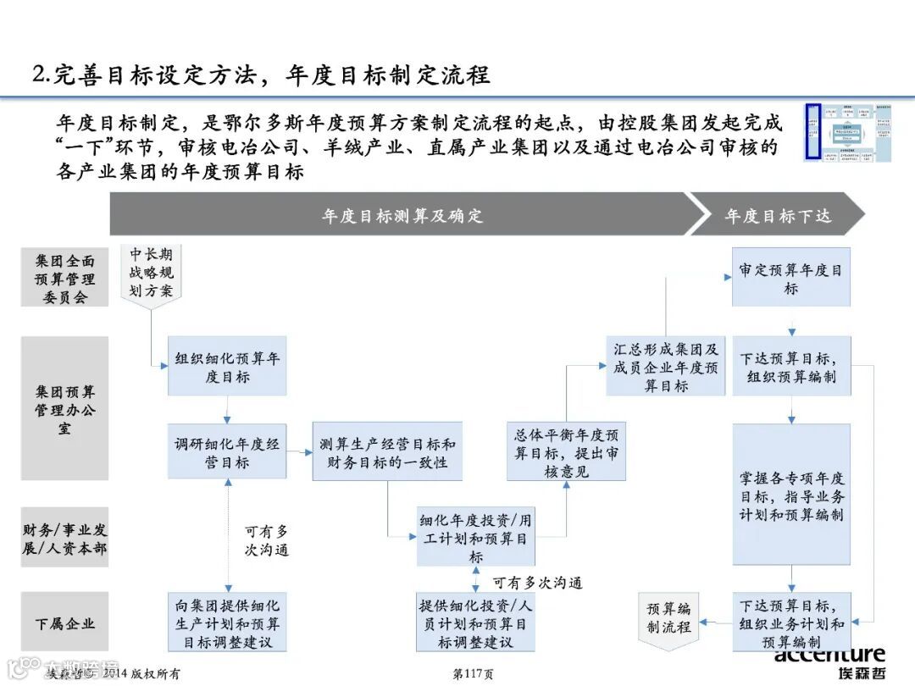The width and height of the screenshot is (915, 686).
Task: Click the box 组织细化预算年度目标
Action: coord(227,366)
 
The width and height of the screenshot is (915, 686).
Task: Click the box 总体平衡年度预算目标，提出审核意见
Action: coord(566,451)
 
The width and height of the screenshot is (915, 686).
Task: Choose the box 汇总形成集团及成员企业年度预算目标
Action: coord(666,366)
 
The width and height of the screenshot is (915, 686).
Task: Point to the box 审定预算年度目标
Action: coord(790,278)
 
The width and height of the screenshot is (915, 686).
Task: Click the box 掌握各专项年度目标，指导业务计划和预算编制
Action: coord(791,495)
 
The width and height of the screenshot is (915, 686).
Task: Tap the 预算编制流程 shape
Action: coord(669,618)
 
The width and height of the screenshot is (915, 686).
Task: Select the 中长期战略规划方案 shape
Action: coord(152,273)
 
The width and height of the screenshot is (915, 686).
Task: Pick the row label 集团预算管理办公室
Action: coord(65,409)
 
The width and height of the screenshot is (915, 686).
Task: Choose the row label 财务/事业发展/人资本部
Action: coord(65,539)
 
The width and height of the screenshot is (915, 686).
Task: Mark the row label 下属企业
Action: coord(65,622)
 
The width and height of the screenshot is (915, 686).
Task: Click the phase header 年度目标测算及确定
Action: coord(402,215)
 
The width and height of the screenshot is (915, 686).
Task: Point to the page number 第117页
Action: coord(474,673)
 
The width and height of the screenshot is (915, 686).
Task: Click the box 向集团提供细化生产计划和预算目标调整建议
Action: coord(227,622)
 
